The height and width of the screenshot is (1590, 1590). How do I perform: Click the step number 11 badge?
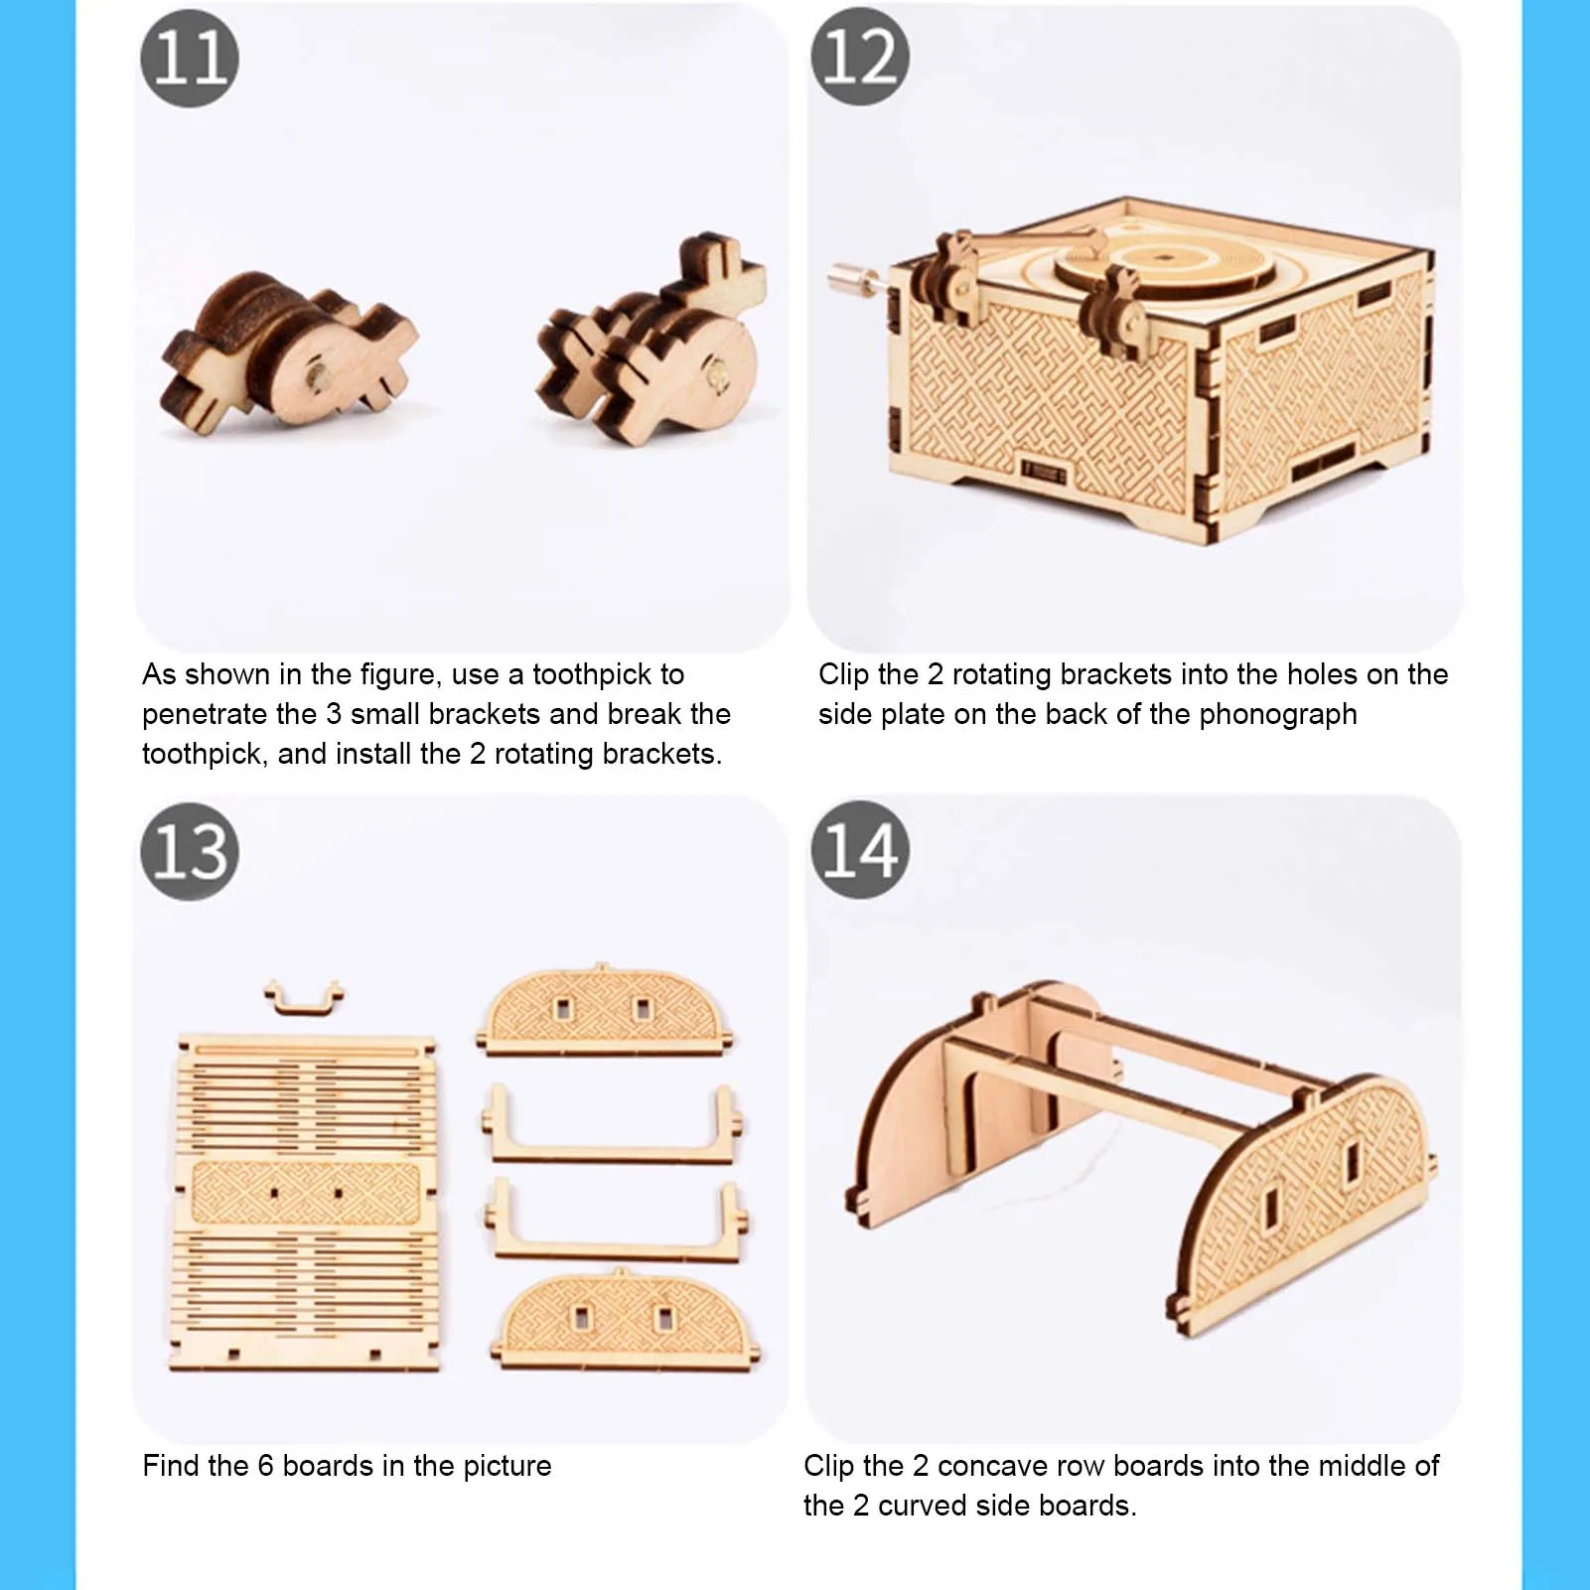(x=190, y=58)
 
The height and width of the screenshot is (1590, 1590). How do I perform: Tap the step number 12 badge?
(x=860, y=57)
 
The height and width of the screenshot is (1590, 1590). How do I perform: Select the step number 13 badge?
(x=190, y=852)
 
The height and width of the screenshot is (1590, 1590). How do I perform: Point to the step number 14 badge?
(x=860, y=850)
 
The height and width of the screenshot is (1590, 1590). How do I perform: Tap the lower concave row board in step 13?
(x=617, y=1223)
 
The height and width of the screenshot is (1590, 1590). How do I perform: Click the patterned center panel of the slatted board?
(x=306, y=1193)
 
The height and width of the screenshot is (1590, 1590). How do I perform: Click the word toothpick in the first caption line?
(x=608, y=674)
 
